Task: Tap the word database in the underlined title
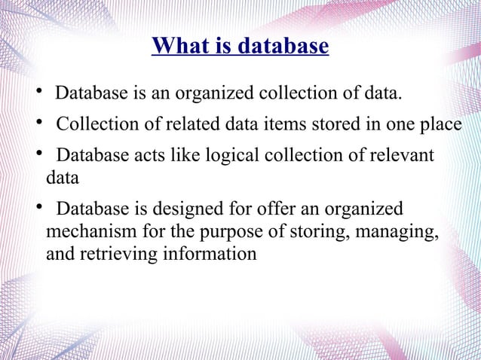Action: coord(284,47)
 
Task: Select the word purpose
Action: coord(237,231)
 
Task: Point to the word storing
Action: coord(310,231)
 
